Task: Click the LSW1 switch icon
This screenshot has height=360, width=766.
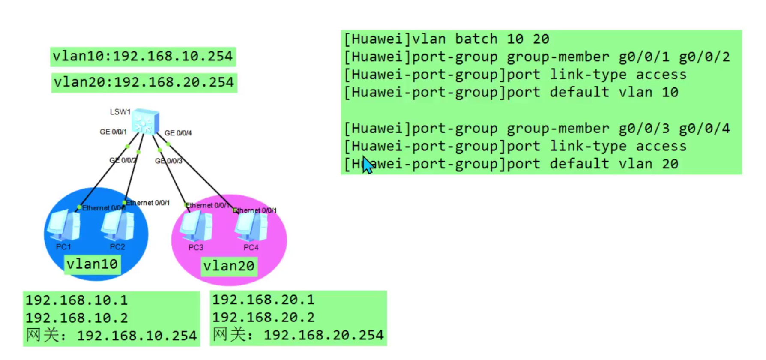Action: (x=145, y=122)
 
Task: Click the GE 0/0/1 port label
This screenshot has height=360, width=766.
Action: (x=113, y=132)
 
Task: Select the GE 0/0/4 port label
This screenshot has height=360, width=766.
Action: (x=178, y=133)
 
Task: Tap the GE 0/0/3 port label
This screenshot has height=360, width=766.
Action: (x=169, y=161)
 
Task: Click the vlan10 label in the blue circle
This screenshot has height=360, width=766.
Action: (x=92, y=264)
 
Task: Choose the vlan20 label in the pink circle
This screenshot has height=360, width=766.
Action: (x=229, y=266)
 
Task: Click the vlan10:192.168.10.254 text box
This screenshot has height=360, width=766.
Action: (x=143, y=57)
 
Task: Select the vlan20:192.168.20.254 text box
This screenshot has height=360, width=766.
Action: (x=144, y=82)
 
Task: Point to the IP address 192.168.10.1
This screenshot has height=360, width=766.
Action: (x=77, y=300)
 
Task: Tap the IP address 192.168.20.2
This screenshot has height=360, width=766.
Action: (x=263, y=317)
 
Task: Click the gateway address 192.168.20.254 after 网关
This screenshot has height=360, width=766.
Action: (x=323, y=335)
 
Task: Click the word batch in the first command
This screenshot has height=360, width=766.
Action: (x=476, y=39)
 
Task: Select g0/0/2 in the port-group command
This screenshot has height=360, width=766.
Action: (x=704, y=57)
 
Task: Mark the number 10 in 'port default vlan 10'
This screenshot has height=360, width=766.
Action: (x=670, y=92)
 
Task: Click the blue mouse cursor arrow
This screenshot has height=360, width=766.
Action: (x=367, y=165)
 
